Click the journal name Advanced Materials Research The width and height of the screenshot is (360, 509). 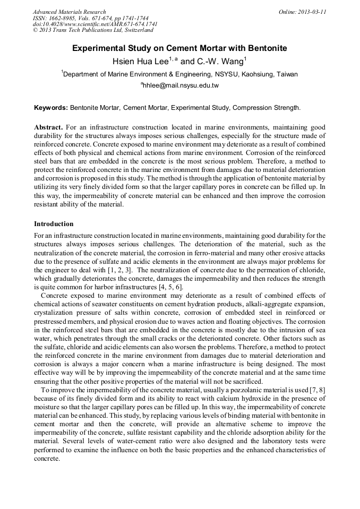[69, 12]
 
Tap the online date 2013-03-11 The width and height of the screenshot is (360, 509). [310, 12]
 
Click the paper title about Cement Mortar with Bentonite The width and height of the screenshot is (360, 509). [179, 48]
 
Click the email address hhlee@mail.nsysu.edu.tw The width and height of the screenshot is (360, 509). [181, 85]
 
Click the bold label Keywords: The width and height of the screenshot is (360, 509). [51, 107]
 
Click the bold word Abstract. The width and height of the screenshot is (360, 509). [48, 128]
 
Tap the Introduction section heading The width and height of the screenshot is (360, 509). [54, 224]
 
